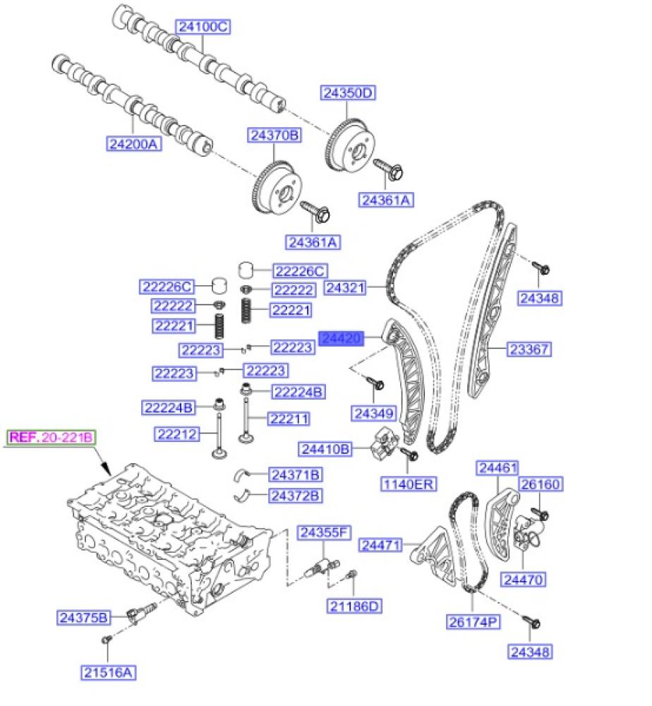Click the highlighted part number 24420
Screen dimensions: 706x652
(342, 339)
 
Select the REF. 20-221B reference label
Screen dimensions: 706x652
(51, 438)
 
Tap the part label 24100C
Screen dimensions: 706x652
(203, 28)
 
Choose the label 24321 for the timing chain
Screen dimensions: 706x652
(345, 288)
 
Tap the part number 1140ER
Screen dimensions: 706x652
(409, 484)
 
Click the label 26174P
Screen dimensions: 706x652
(473, 622)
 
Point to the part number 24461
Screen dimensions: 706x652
(497, 467)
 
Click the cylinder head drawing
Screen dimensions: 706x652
(169, 537)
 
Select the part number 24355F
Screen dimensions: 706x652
(322, 532)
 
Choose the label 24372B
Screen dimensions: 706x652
(295, 496)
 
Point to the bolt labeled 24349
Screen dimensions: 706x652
(375, 383)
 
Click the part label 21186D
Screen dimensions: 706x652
(354, 605)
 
